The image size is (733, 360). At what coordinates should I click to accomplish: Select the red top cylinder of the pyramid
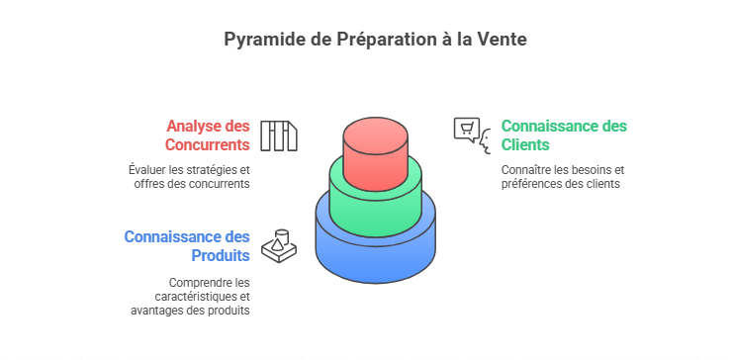pos(375,154)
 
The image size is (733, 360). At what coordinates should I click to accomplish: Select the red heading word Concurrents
pos(207,145)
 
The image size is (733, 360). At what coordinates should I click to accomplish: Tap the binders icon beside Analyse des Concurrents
pos(279,136)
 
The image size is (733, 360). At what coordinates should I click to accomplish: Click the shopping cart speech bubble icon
pos(467,130)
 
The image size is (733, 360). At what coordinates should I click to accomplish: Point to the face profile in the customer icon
pos(486,142)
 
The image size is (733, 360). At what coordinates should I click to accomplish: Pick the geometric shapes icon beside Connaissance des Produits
pos(279,246)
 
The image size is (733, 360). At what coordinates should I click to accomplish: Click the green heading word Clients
pos(526,145)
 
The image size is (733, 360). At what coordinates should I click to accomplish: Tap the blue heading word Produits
pos(221,256)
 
